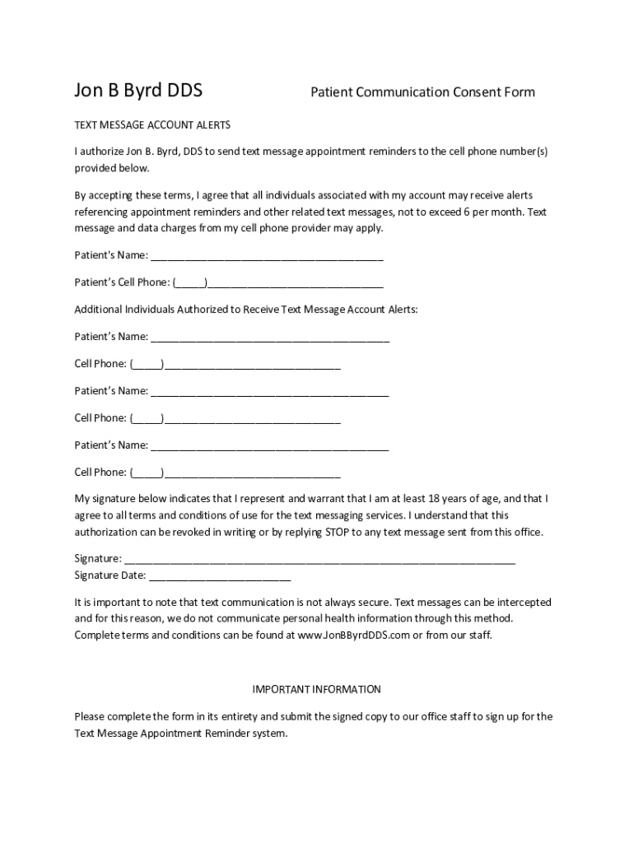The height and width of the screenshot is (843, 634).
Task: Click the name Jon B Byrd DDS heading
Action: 138,91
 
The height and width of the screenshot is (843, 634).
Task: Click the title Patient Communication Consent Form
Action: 422,92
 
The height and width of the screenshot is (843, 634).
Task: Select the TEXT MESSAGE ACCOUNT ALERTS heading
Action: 152,125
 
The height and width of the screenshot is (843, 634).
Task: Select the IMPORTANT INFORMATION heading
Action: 316,689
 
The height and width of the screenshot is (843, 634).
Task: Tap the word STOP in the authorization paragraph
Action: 339,532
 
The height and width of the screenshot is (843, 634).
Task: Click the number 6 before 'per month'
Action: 467,212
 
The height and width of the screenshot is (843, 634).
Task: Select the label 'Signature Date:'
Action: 110,575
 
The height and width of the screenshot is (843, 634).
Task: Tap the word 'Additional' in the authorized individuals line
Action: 98,310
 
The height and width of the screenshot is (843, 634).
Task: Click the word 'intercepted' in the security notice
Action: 524,603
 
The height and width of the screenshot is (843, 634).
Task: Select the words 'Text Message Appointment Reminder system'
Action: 179,733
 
